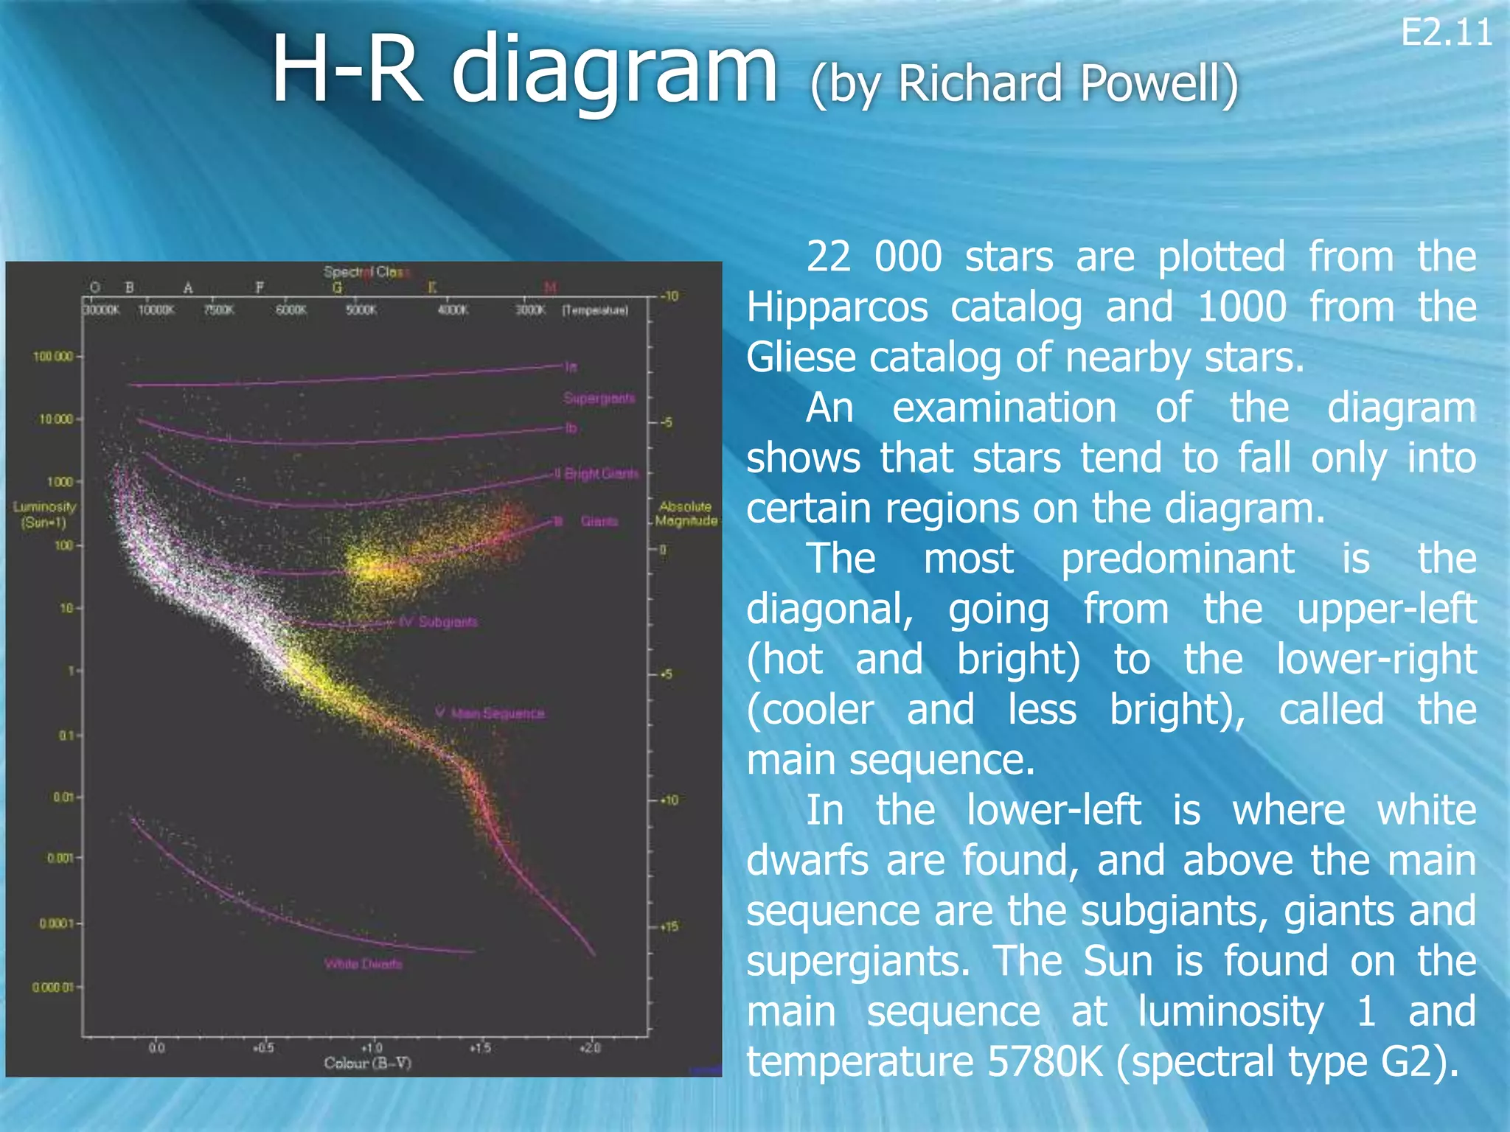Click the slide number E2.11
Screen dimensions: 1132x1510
(1446, 33)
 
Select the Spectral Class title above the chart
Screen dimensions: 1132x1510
(366, 272)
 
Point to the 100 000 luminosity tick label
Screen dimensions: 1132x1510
(53, 357)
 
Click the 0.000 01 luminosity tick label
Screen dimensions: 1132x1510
(52, 988)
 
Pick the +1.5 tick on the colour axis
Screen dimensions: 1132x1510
(480, 1047)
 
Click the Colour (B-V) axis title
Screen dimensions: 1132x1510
(367, 1063)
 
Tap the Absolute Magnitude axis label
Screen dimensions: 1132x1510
(686, 513)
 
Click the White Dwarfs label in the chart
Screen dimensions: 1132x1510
(363, 964)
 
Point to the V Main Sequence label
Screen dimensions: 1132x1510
(490, 713)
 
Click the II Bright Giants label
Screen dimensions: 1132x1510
(596, 473)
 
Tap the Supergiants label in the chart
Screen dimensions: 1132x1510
(599, 398)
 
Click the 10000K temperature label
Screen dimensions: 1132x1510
(156, 310)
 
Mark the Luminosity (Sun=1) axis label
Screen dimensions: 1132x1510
(44, 514)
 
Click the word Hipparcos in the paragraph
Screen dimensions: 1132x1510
(837, 307)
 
